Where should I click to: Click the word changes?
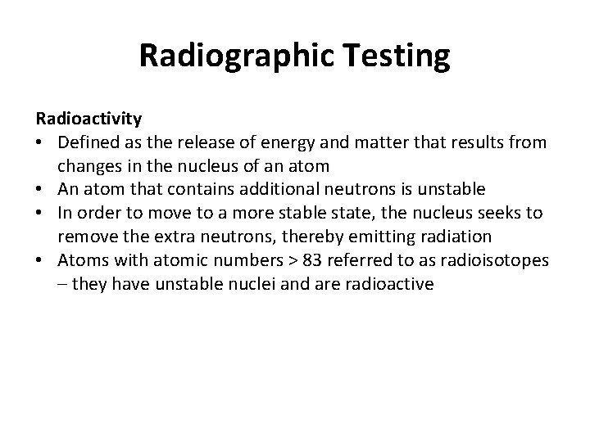[89, 167]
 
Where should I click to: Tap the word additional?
[269, 189]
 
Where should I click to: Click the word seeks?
[479, 213]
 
